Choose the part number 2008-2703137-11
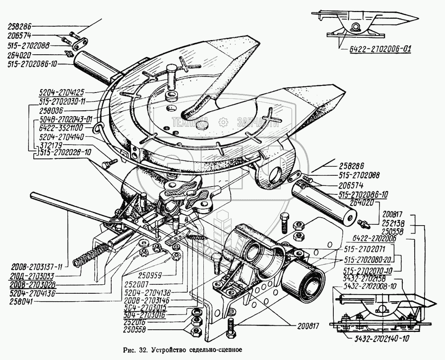coord(35,267)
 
